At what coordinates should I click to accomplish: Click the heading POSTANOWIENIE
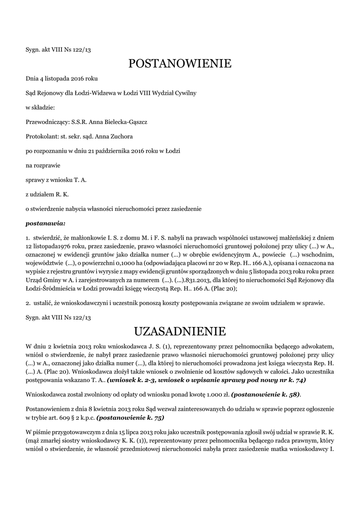click(x=180, y=63)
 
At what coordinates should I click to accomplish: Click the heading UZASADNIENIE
click(x=180, y=331)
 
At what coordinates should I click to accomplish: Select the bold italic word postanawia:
click(x=46, y=223)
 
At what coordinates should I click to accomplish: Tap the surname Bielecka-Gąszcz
click(x=123, y=122)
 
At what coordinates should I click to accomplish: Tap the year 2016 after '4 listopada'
click(x=76, y=78)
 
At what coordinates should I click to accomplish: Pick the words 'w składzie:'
click(x=40, y=107)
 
